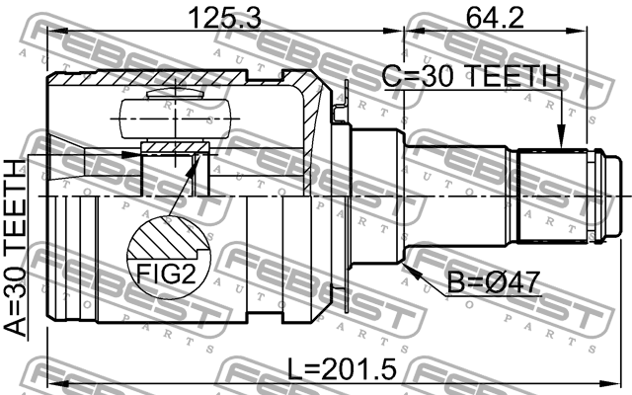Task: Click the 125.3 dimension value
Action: coord(225,18)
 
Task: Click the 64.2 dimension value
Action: coord(495,18)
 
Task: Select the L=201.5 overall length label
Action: coord(343,369)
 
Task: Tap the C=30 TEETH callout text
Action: coord(472,76)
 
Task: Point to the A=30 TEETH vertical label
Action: coord(16,248)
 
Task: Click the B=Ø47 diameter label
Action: coord(494,282)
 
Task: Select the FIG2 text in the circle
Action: coord(166,275)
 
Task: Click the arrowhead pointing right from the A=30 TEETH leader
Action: coord(129,155)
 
